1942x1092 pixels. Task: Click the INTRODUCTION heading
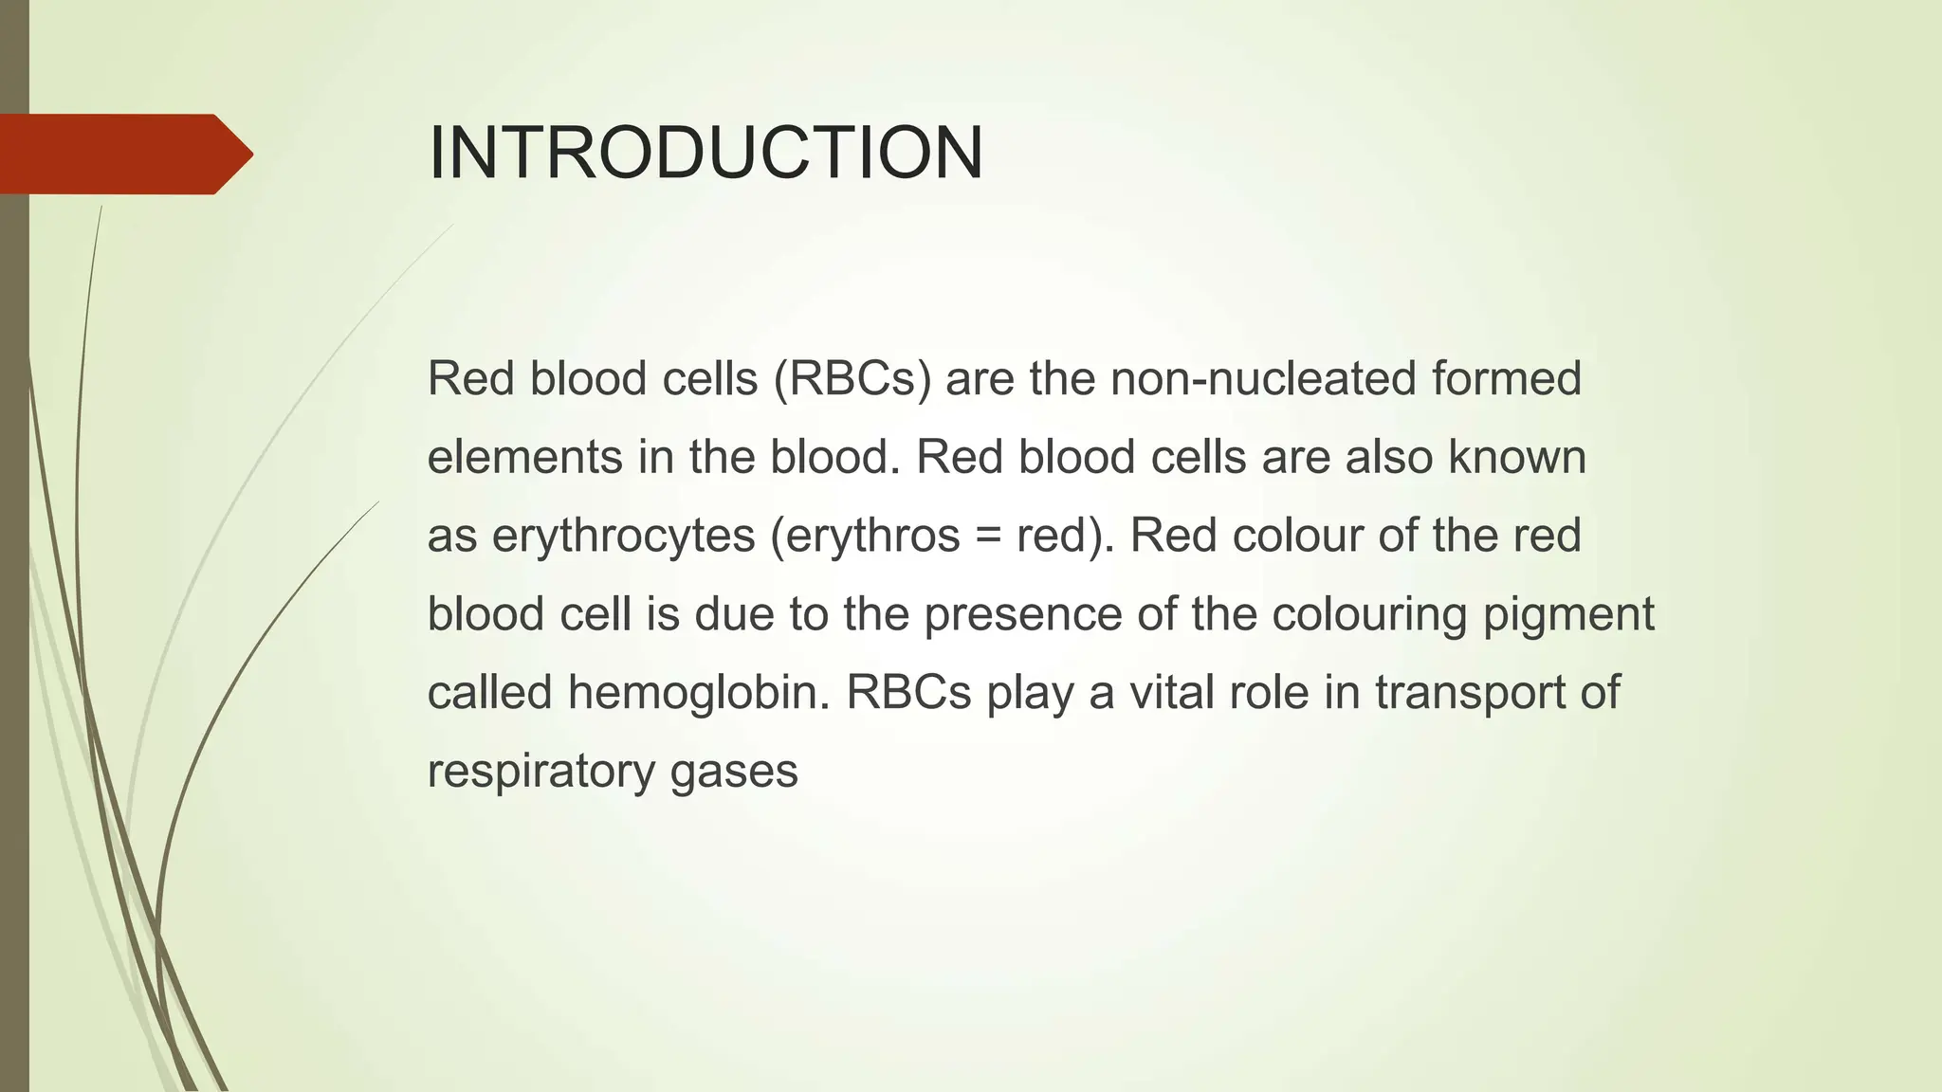click(x=705, y=154)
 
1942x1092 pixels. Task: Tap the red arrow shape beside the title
click(x=123, y=155)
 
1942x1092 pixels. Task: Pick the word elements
click(x=524, y=458)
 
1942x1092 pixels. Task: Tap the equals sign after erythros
click(x=988, y=537)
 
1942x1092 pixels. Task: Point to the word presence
click(x=1022, y=615)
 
